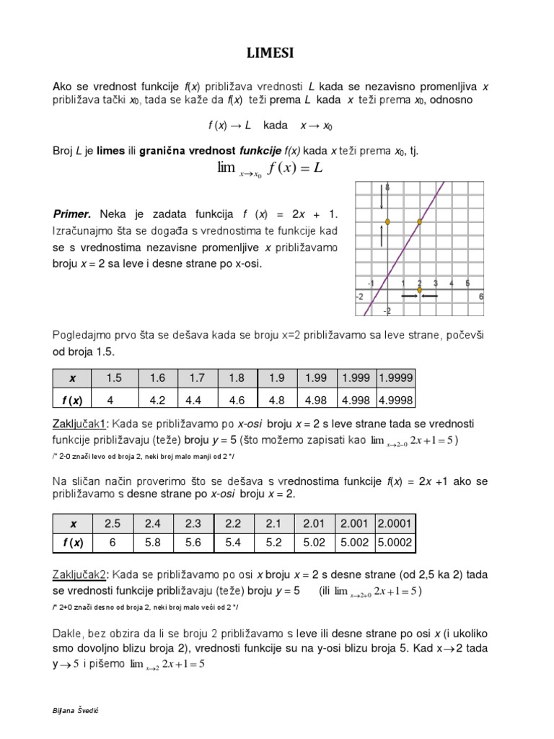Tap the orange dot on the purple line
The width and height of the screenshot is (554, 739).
tap(420, 222)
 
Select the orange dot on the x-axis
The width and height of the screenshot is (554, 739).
tap(420, 289)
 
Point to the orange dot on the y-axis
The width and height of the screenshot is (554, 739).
tap(387, 222)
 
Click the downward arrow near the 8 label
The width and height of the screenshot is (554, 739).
tap(382, 197)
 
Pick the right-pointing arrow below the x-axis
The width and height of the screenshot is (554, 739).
tap(409, 296)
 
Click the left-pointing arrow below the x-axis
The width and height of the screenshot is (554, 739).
tap(430, 296)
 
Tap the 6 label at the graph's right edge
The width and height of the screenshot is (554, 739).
tap(480, 296)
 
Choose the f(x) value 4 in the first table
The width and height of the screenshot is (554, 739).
tap(110, 399)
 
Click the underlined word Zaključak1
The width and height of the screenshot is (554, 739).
tap(79, 422)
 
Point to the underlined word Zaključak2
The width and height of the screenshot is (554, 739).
tap(79, 574)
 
